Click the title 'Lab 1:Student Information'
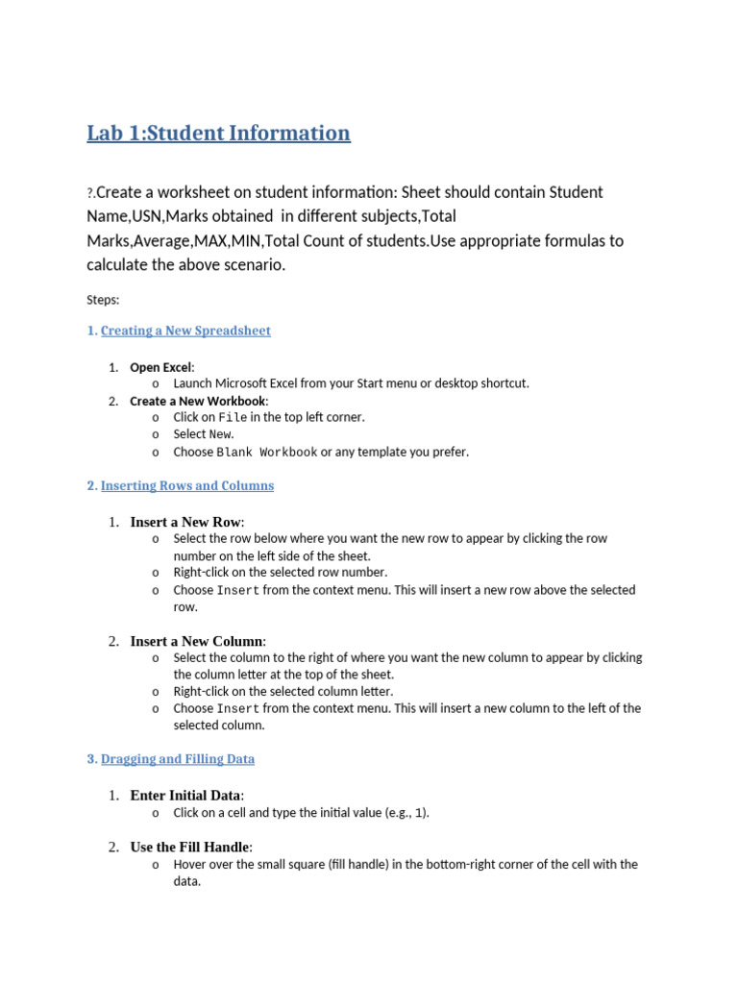coord(218,134)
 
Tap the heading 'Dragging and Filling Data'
coord(178,759)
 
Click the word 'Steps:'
coord(103,300)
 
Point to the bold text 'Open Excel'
coord(160,367)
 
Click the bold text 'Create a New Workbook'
coord(198,401)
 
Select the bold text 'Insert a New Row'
coord(185,522)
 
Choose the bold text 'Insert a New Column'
coord(196,641)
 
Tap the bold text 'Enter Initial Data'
coord(185,796)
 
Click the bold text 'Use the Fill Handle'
coord(189,847)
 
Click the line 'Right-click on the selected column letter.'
coord(283,691)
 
